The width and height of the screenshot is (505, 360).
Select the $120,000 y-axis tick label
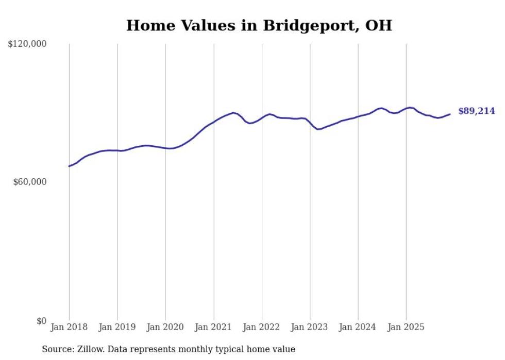click(27, 44)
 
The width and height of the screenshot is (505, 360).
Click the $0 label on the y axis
click(41, 321)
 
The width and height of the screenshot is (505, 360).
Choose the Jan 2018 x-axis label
click(69, 327)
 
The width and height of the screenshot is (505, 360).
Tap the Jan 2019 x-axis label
click(117, 327)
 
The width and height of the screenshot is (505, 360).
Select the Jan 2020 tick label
click(165, 327)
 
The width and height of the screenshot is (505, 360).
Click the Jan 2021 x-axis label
click(213, 327)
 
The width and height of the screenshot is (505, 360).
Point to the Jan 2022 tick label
click(262, 327)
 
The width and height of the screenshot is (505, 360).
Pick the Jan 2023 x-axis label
click(310, 327)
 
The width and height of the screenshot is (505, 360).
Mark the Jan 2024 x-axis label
click(358, 327)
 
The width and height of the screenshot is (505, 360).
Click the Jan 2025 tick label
click(406, 327)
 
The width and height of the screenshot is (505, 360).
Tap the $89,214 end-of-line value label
click(476, 111)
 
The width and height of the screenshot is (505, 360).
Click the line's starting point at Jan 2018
click(69, 166)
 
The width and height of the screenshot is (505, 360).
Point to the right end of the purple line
click(450, 114)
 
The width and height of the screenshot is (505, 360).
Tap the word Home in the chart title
click(146, 25)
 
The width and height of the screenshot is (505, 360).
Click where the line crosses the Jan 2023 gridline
click(310, 122)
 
